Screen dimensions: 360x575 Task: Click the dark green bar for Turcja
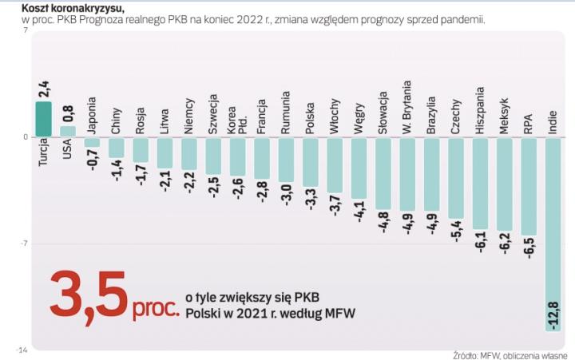click(43, 119)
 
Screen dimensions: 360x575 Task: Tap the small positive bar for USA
click(68, 131)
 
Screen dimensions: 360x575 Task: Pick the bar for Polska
click(310, 162)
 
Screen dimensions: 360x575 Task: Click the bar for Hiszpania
click(480, 183)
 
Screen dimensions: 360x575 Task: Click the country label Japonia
click(92, 117)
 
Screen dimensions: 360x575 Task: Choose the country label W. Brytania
click(407, 106)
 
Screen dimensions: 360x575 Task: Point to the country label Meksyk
click(504, 114)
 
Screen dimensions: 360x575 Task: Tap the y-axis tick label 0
click(25, 137)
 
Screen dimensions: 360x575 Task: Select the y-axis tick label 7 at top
click(26, 31)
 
